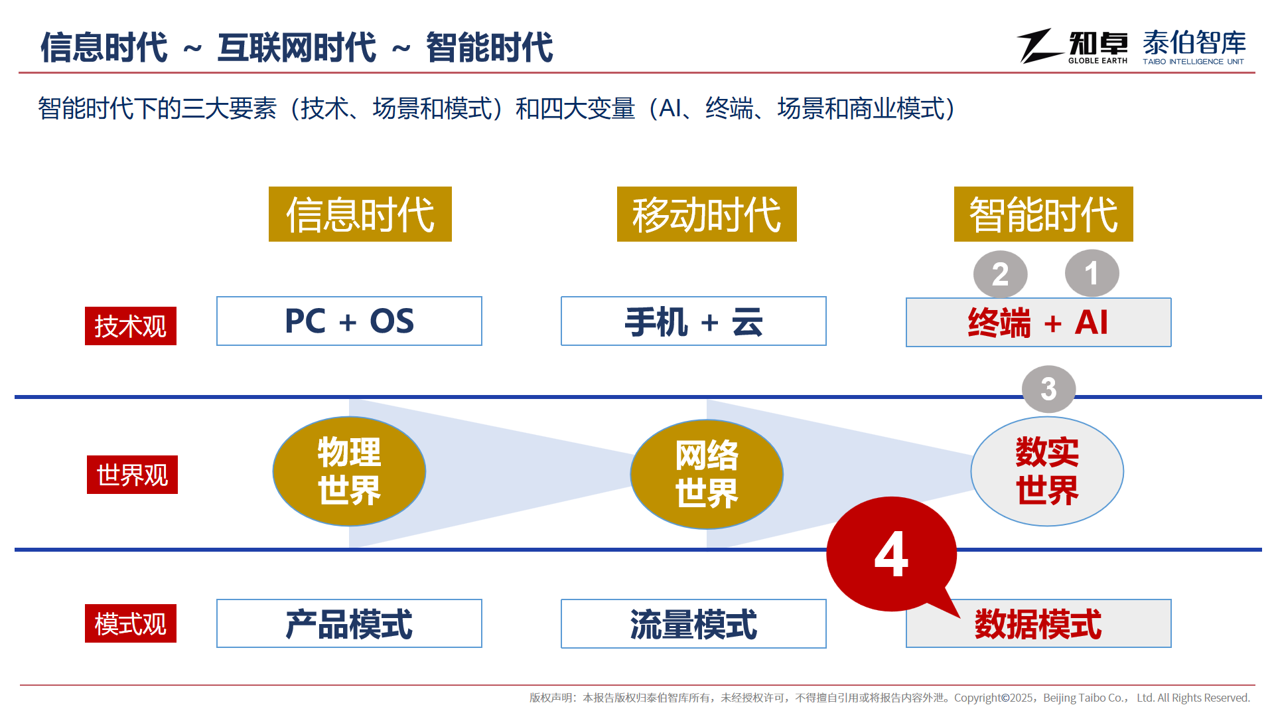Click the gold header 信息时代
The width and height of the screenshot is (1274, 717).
360,214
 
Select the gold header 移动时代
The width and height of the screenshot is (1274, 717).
707,214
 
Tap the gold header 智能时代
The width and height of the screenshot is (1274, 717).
1044,214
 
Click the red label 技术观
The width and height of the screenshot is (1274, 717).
131,326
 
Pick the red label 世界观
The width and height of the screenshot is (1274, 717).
132,475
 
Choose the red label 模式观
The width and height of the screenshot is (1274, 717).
131,623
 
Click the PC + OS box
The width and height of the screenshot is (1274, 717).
349,321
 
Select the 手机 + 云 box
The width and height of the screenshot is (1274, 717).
693,321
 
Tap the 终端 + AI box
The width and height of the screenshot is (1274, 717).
1038,323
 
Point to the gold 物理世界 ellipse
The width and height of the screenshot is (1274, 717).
349,471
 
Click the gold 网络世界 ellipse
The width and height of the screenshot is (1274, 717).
707,474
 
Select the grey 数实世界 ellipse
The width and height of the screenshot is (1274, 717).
1047,471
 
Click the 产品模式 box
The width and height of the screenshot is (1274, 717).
349,623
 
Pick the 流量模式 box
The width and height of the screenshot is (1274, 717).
693,623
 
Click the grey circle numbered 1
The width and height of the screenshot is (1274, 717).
1092,274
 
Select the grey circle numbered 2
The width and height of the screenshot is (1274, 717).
1001,275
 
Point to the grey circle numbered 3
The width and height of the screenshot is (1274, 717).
1049,389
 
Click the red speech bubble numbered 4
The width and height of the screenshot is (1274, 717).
891,554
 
